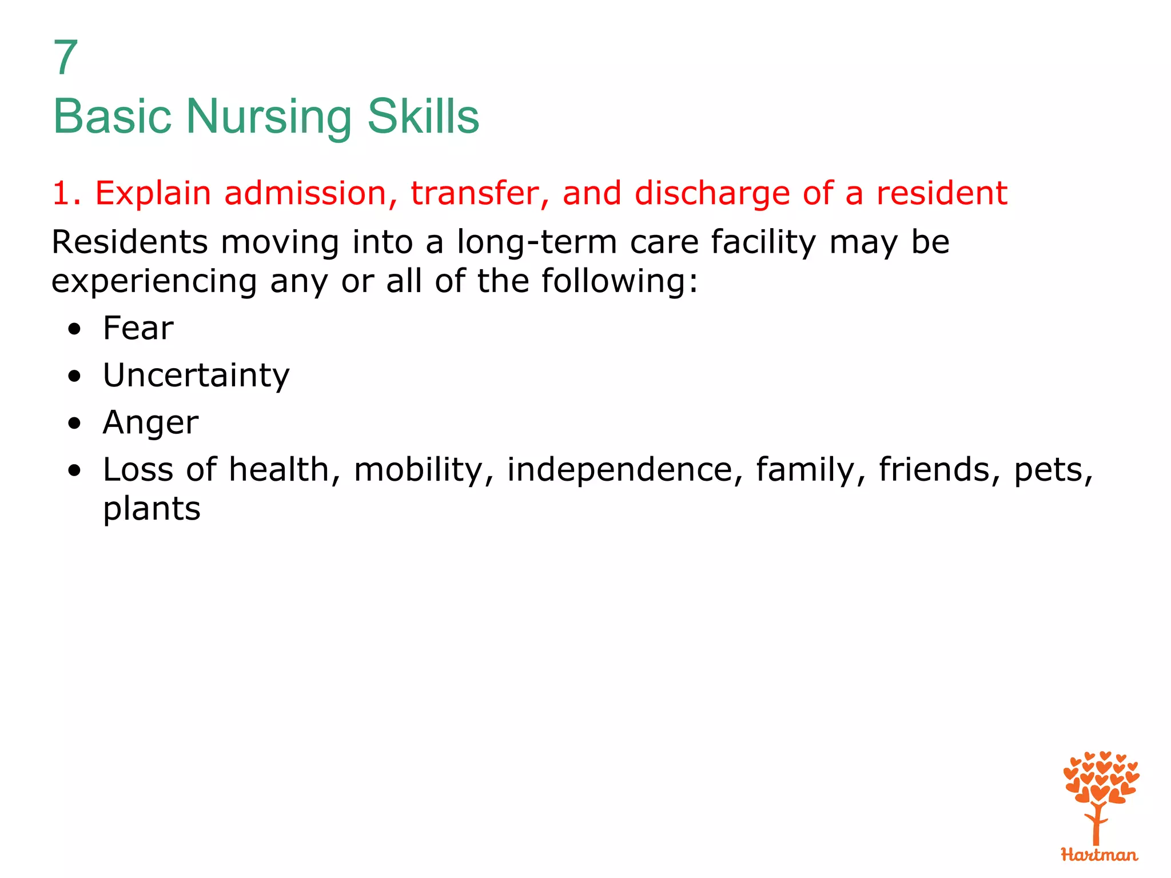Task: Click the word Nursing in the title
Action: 268,117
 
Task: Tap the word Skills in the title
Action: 423,117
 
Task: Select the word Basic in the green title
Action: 112,117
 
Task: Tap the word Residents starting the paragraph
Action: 130,242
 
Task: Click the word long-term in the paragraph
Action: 537,242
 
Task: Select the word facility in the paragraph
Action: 763,242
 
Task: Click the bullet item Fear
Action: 138,329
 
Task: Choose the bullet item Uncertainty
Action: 196,376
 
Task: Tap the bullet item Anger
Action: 150,423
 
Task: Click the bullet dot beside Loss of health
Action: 74,470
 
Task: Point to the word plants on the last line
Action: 152,509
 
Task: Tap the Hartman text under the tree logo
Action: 1099,855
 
